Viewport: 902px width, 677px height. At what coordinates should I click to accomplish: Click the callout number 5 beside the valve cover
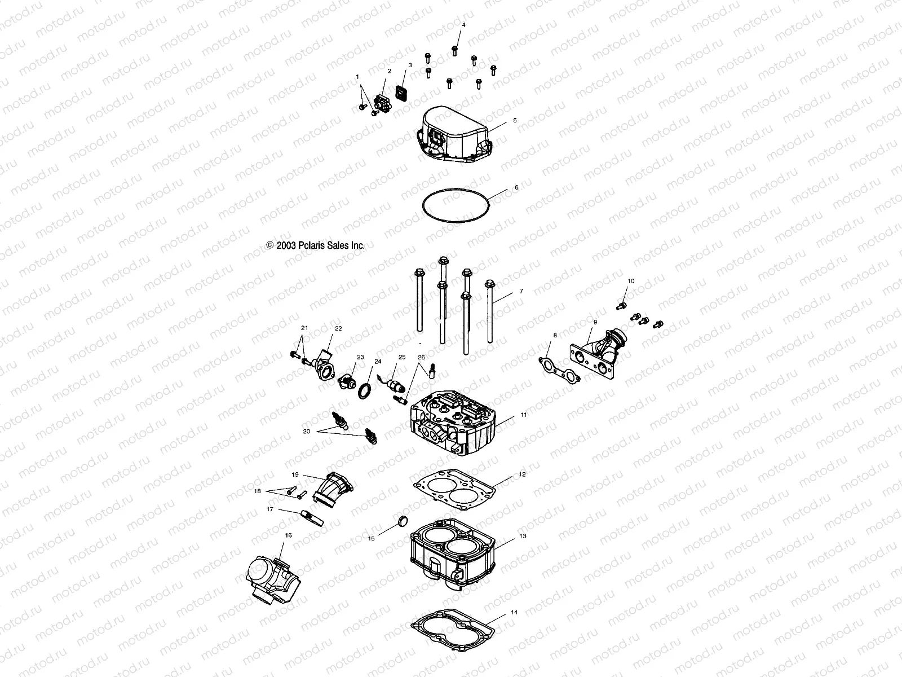515,121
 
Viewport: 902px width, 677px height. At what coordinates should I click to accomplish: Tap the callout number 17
270,509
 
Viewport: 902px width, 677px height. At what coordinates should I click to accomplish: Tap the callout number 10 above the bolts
631,281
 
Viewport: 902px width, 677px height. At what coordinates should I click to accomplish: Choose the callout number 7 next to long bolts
521,292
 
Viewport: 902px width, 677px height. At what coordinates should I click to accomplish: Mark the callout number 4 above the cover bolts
463,25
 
